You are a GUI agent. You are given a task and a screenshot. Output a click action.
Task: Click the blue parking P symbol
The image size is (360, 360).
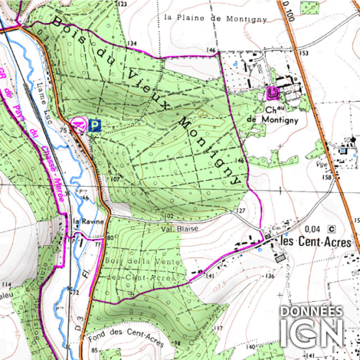point(94,124)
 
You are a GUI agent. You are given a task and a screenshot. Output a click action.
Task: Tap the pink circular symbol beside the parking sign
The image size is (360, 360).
point(78,123)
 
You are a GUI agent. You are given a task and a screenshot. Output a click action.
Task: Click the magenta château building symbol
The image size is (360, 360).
point(272,94)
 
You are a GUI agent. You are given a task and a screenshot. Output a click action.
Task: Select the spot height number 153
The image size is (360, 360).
point(303,53)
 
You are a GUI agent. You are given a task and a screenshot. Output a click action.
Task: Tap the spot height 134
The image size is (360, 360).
point(132,44)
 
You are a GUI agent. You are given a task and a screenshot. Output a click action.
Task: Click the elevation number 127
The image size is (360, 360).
point(240,210)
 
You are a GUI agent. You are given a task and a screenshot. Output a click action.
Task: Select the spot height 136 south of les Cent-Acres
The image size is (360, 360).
point(269,276)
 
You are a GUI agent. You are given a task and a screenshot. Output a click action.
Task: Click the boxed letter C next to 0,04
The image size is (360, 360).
point(332,228)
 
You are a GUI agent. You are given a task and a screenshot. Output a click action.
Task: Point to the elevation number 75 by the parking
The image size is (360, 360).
point(65,131)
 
